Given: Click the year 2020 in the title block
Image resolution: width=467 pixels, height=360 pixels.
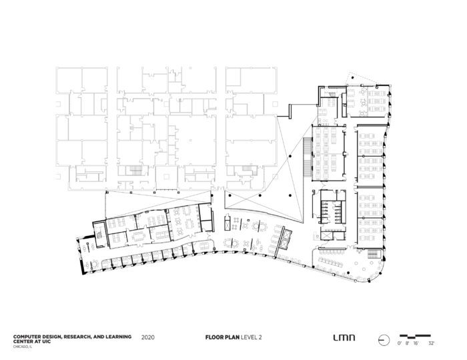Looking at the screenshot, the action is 148,337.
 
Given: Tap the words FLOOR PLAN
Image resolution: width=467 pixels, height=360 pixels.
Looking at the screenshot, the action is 222,337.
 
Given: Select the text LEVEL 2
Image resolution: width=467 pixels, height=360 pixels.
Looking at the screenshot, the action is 252,337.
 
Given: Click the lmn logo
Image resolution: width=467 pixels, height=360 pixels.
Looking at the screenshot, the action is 344,338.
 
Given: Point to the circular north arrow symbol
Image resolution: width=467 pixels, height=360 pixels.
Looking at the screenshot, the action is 384,340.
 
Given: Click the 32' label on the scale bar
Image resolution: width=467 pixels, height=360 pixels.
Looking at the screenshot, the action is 431,343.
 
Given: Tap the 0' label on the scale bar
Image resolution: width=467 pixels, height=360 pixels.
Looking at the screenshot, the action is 400,343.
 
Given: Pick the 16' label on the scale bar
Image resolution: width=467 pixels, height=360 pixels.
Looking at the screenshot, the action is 416,343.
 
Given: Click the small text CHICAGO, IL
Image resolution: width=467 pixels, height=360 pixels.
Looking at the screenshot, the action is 23,347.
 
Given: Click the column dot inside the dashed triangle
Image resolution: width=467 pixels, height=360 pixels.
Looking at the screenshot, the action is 353,78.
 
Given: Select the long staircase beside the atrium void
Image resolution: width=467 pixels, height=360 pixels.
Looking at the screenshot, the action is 308,157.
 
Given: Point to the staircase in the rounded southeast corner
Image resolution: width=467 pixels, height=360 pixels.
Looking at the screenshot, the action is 374,255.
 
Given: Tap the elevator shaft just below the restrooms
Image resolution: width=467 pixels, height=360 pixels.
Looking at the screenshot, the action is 327,235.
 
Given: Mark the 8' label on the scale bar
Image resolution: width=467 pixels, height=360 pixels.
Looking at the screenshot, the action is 407,343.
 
